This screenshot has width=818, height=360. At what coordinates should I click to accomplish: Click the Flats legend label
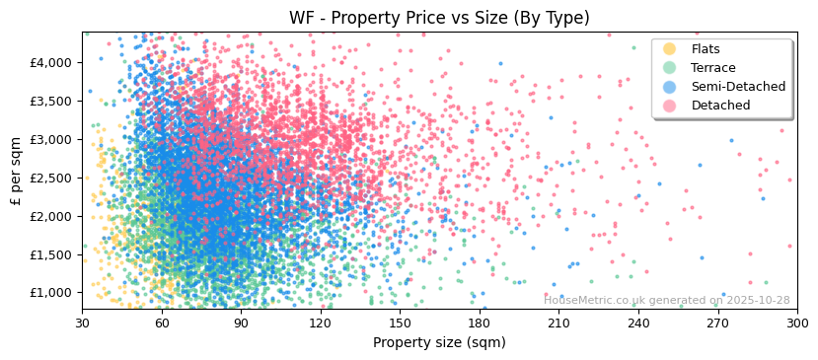[x=706, y=49]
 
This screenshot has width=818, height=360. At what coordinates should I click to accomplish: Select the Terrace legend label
[x=713, y=68]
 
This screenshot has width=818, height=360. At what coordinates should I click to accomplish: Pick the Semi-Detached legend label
[x=738, y=87]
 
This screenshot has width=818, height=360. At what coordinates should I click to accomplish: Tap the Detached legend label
[x=720, y=106]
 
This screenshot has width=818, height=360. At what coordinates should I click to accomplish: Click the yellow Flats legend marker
[x=670, y=49]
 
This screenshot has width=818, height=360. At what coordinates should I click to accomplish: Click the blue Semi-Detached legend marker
[x=670, y=87]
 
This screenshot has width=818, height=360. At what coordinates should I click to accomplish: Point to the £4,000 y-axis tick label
[x=52, y=62]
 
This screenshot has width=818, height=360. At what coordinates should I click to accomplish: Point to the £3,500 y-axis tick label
[x=52, y=101]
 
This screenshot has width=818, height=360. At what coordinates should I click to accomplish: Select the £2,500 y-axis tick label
[x=52, y=178]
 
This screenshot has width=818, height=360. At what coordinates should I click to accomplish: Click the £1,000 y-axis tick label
[x=52, y=293]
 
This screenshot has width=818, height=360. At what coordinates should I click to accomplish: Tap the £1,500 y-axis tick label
[x=52, y=254]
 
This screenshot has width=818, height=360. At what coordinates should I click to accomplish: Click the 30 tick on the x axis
[x=82, y=323]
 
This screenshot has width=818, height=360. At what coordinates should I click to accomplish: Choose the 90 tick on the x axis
[x=241, y=323]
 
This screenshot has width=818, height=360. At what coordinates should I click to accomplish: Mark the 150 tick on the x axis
[x=400, y=323]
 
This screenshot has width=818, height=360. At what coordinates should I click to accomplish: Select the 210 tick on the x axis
[x=558, y=323]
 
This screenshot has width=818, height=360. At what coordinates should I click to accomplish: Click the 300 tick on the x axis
[x=796, y=323]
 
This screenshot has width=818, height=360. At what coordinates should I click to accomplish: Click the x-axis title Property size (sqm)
[x=439, y=342]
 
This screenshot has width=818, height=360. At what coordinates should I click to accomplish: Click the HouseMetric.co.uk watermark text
[x=666, y=301]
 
